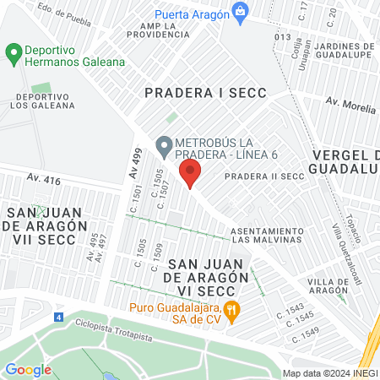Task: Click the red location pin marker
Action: pos(191,175)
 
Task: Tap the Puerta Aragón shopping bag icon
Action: pos(241,13)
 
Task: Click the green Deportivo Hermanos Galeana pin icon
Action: pos(13,55)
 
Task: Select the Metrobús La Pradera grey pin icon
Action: pos(163,144)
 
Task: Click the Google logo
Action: pos(28,369)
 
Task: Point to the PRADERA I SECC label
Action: pos(205,93)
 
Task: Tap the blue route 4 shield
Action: pos(58,318)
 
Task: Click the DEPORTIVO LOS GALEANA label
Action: pos(45,101)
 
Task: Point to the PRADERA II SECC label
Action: pos(263,176)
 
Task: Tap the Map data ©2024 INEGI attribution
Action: pos(328,372)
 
